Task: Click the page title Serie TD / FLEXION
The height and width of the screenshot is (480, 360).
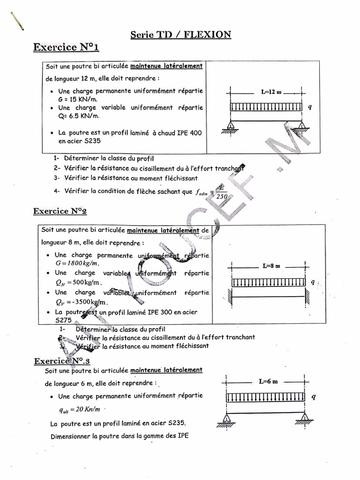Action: (x=180, y=34)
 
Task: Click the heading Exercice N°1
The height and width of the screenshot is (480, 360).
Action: (x=66, y=47)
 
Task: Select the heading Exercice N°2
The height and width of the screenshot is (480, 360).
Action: (x=60, y=211)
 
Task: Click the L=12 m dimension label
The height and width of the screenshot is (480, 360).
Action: (x=271, y=92)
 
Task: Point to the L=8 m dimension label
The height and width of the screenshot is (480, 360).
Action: (x=271, y=266)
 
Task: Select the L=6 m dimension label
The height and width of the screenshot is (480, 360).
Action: (x=268, y=382)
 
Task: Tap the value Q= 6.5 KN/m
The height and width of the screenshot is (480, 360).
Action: (x=78, y=116)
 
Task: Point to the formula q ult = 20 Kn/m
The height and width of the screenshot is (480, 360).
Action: (x=80, y=409)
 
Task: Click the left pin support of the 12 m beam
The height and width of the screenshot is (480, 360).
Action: (x=230, y=126)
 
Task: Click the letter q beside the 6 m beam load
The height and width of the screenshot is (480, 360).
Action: (x=314, y=397)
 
